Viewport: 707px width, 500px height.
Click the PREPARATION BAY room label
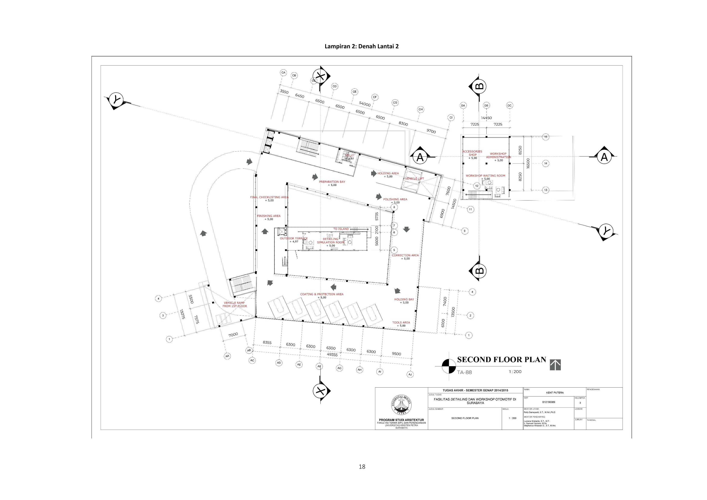tap(332, 182)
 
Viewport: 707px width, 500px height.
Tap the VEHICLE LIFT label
tap(415, 178)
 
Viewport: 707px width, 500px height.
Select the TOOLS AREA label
tap(401, 323)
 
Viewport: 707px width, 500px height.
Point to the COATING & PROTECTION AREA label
tap(322, 294)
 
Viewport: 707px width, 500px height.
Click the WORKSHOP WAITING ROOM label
tap(485, 176)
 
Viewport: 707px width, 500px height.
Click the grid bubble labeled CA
tap(283, 73)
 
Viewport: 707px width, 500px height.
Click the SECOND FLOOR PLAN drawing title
tap(501, 360)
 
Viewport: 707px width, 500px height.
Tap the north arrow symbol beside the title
tap(555, 365)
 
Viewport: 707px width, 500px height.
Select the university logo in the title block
tap(401, 406)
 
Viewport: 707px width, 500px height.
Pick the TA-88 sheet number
tap(464, 372)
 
